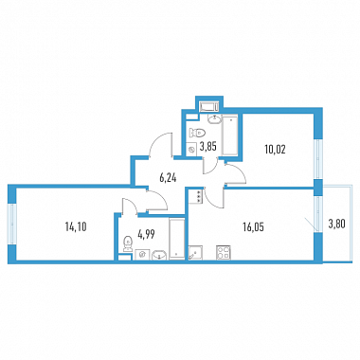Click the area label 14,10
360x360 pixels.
click(x=76, y=226)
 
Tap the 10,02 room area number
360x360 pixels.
click(x=275, y=150)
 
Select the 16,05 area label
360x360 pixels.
click(x=254, y=226)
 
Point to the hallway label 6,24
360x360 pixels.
click(x=168, y=178)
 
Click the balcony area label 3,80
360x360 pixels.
click(x=336, y=225)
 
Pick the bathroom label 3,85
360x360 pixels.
click(x=208, y=147)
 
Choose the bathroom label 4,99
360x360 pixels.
click(x=146, y=235)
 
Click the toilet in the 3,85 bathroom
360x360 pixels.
click(x=198, y=133)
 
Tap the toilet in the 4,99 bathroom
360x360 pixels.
click(x=128, y=243)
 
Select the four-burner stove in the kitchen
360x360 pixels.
click(x=224, y=253)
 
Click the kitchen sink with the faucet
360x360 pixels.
click(x=195, y=253)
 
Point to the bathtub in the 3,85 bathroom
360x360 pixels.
click(x=229, y=135)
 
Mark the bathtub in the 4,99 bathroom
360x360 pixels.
click(x=176, y=239)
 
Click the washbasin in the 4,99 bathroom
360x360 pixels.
click(x=160, y=255)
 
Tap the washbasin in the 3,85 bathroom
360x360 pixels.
click(x=215, y=119)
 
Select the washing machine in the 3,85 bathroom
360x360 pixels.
click(x=191, y=150)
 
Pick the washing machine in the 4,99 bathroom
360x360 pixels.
click(x=142, y=254)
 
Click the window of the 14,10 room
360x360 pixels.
click(x=12, y=224)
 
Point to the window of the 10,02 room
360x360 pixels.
click(x=317, y=159)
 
